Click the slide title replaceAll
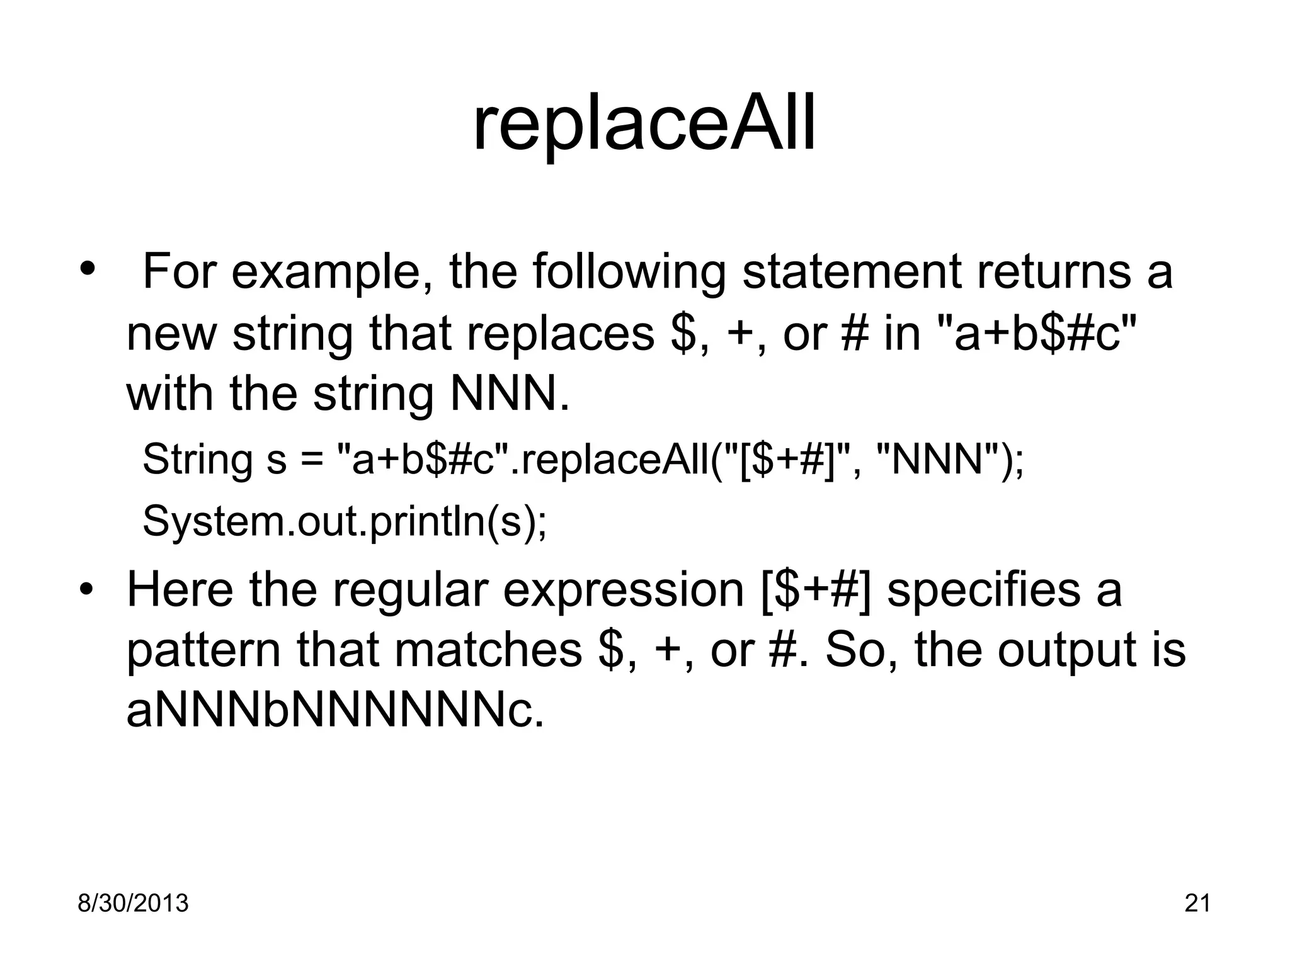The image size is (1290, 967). coord(644,124)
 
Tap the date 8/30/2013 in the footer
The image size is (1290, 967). coord(133,903)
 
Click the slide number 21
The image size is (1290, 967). coord(1197,903)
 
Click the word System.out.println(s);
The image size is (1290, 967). coord(345,522)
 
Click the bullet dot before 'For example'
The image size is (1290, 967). coord(87,269)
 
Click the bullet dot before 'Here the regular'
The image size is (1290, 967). coord(87,589)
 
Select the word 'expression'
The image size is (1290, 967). coord(624,592)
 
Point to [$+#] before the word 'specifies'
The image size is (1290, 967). coord(816,591)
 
